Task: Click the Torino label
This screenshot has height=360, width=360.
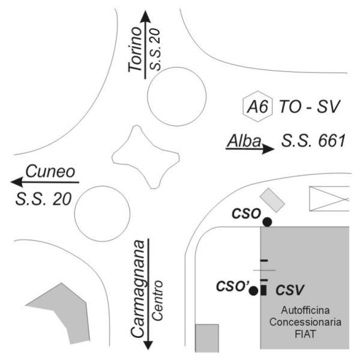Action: [135, 49]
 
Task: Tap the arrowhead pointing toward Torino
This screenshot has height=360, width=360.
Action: [145, 17]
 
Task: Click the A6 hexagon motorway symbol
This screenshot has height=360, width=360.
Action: [257, 106]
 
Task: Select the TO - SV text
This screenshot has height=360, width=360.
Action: [309, 107]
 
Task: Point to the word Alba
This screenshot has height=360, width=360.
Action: [244, 141]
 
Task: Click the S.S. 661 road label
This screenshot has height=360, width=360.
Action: [313, 141]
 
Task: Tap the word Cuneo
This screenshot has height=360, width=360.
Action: [50, 171]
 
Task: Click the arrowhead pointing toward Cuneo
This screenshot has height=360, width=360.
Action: [17, 182]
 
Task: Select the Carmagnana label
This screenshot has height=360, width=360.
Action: [138, 289]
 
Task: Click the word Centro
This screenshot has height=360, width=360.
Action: [157, 301]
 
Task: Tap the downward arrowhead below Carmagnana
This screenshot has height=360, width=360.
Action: [148, 345]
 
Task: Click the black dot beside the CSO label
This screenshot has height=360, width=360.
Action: [267, 222]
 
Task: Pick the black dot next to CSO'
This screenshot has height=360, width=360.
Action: [254, 291]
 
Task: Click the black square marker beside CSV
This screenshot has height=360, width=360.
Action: [263, 290]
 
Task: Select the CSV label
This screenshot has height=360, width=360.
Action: [290, 290]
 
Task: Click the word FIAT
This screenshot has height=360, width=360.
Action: [305, 334]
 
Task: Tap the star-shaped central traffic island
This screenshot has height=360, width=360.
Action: [146, 157]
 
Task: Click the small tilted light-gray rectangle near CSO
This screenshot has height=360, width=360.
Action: [272, 200]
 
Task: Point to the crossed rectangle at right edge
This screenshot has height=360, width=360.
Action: [329, 199]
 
